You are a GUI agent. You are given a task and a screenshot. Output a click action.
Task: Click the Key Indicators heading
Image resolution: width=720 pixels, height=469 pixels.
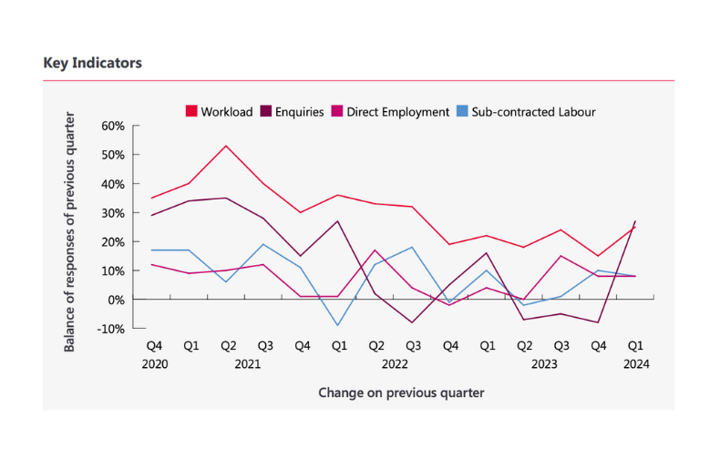[x=93, y=64]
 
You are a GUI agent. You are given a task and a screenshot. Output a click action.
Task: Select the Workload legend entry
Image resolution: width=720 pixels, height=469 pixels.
[x=219, y=112]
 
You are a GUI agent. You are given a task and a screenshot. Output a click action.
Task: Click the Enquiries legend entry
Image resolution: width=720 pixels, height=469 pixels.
[x=293, y=112]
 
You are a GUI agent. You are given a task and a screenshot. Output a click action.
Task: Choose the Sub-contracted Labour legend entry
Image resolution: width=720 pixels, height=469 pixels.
[x=526, y=112]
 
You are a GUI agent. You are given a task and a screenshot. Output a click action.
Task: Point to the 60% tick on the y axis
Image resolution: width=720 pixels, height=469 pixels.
[x=113, y=126]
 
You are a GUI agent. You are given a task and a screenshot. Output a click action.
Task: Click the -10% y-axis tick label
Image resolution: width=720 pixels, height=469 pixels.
[x=110, y=329]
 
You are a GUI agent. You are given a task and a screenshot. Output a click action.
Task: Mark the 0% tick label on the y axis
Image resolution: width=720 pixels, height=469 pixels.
[x=116, y=300]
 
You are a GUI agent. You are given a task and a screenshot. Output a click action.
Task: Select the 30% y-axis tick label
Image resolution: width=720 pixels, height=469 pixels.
[x=113, y=213]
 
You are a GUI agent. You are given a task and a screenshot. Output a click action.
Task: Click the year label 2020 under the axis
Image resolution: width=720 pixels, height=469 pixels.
[x=155, y=364]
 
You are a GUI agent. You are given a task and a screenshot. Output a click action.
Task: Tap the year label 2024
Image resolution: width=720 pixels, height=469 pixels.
[x=635, y=364]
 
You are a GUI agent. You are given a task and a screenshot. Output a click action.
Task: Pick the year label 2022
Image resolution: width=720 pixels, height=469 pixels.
[x=395, y=364]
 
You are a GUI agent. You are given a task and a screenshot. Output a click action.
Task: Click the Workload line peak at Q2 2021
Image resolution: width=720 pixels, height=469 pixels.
[x=226, y=146]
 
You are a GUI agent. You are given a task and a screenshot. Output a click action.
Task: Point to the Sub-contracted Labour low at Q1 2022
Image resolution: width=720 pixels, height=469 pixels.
[x=338, y=325]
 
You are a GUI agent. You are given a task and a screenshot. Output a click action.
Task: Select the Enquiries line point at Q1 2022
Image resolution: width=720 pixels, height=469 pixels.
[x=338, y=221]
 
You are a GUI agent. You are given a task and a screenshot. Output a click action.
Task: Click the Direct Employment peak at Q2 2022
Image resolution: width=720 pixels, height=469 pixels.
[x=375, y=250]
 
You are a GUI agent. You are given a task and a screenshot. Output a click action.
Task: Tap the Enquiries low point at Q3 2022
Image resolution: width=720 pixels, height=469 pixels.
[x=413, y=322]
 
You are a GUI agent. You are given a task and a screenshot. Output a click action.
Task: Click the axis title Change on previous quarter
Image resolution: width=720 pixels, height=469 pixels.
[x=401, y=393]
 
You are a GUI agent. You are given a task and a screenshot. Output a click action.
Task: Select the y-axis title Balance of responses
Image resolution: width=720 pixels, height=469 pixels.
[x=70, y=232]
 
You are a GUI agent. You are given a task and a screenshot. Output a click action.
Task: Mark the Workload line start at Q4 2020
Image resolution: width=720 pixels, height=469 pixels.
[x=151, y=198]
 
